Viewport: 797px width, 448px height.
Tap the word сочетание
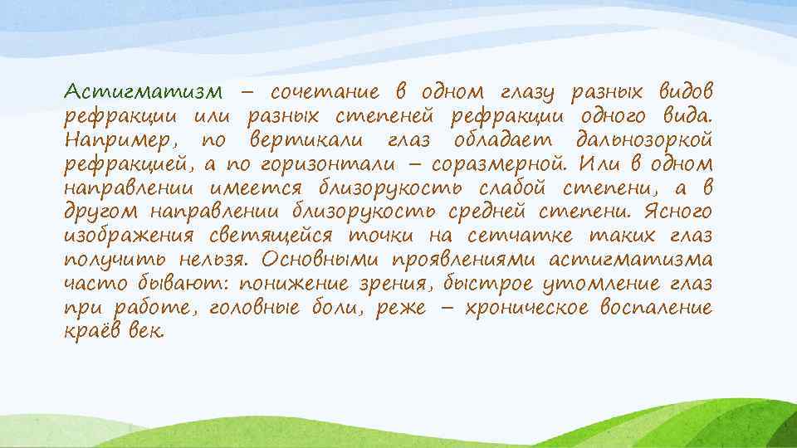pos(325,90)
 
